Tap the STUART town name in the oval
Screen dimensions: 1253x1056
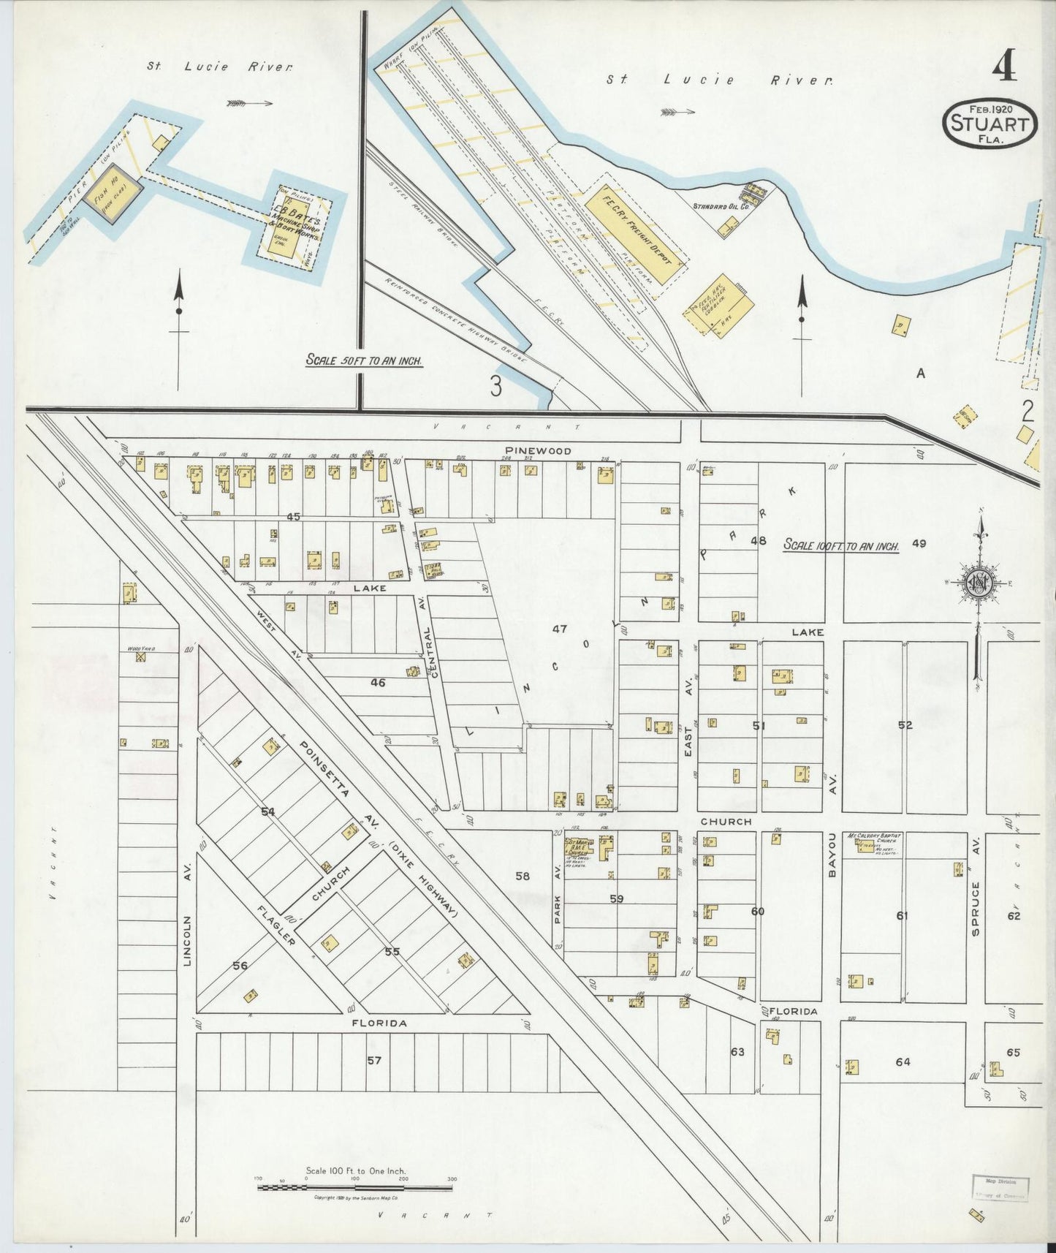coord(990,124)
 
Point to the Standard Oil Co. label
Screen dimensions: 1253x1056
coord(721,207)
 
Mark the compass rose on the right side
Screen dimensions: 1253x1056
coord(977,583)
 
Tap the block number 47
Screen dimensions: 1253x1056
coord(559,629)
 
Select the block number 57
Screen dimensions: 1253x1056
coord(374,1060)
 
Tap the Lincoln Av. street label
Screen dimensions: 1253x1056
coord(187,942)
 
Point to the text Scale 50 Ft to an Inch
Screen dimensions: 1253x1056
coord(364,360)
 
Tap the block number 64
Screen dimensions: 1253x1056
coord(903,1061)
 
